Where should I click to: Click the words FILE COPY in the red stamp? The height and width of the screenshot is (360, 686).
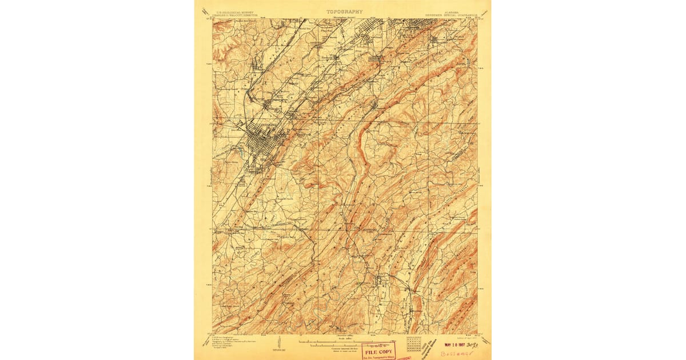tap(377, 351)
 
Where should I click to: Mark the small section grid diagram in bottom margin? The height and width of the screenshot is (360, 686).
tap(413, 343)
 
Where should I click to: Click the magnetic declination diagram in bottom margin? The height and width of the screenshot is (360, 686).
tap(279, 342)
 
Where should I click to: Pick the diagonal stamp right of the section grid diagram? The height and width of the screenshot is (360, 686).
tap(432, 347)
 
